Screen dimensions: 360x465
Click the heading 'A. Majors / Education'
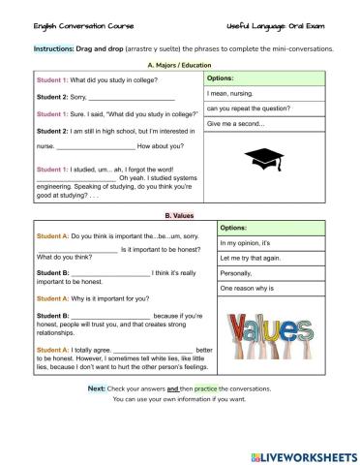coord(181,63)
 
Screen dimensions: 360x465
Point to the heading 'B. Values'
coord(181,215)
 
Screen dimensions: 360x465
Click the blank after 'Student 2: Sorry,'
coord(132,98)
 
